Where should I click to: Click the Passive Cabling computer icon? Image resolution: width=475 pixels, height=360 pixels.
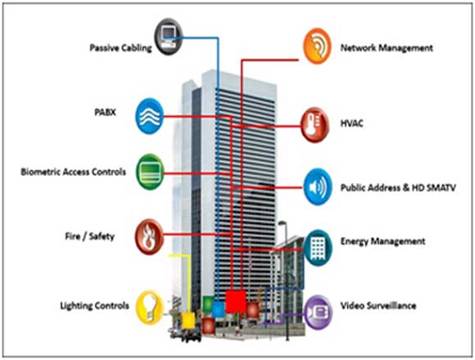pos(169,37)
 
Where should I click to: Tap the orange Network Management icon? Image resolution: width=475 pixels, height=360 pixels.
pos(317,46)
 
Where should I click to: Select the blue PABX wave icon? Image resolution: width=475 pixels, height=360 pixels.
pos(150,116)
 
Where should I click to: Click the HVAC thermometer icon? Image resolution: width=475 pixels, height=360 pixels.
pos(314,124)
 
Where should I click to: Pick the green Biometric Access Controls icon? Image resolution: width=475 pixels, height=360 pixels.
pos(150,172)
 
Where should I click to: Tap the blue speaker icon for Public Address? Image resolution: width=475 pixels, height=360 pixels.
pos(318,187)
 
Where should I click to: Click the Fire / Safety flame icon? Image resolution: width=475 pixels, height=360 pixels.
pos(149,236)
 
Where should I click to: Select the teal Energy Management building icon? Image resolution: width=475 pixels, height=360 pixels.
pos(318,248)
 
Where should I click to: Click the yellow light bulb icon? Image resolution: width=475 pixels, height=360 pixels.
pos(150,307)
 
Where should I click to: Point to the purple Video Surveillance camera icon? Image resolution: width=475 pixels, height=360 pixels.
pos(318,313)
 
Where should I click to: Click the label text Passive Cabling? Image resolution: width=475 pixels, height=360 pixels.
pos(121,47)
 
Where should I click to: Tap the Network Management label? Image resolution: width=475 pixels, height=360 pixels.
pos(387,47)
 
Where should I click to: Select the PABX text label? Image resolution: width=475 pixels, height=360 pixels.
pos(105,112)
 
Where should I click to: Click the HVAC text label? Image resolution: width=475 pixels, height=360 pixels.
pos(351,123)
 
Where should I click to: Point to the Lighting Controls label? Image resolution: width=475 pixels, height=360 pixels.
pos(94,305)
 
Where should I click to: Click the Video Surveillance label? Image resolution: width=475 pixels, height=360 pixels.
pos(378,305)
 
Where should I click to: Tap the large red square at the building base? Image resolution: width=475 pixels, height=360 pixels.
pos(236,301)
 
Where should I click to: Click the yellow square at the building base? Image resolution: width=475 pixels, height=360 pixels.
pos(188,321)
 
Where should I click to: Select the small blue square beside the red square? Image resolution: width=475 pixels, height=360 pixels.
pos(218,309)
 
